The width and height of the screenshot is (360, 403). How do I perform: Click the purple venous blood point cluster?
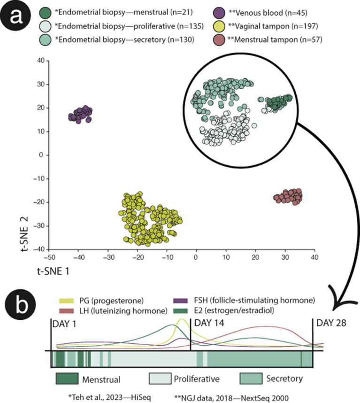(x=80, y=114)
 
